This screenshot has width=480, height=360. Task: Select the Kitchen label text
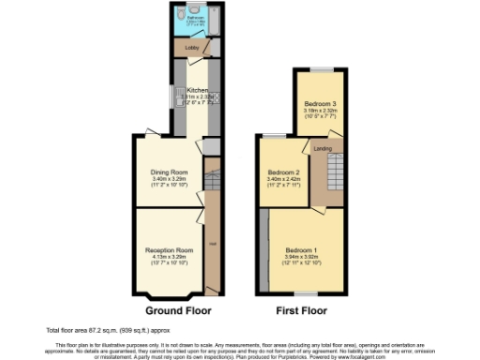[x=197, y=90]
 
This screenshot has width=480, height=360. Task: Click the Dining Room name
[x=171, y=172]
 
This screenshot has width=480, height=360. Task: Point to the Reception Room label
[x=169, y=250]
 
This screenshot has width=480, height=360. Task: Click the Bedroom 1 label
[x=302, y=250]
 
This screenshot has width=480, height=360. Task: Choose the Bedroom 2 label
[x=283, y=172]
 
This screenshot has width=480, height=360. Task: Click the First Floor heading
[x=300, y=309]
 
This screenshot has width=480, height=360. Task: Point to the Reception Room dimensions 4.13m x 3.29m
[x=169, y=257]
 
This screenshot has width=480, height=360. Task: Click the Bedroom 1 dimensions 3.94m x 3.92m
[x=302, y=257]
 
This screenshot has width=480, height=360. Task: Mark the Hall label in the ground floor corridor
[x=213, y=246]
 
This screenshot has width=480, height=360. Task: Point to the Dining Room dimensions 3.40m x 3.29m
[x=171, y=179]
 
